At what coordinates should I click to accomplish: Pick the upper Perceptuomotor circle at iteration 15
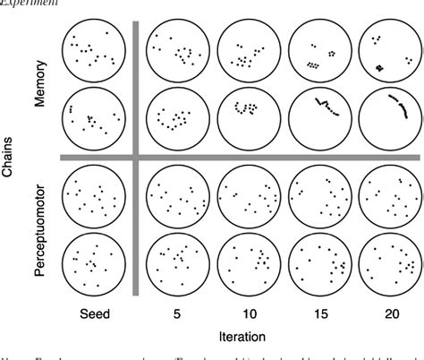pos(318,196)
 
